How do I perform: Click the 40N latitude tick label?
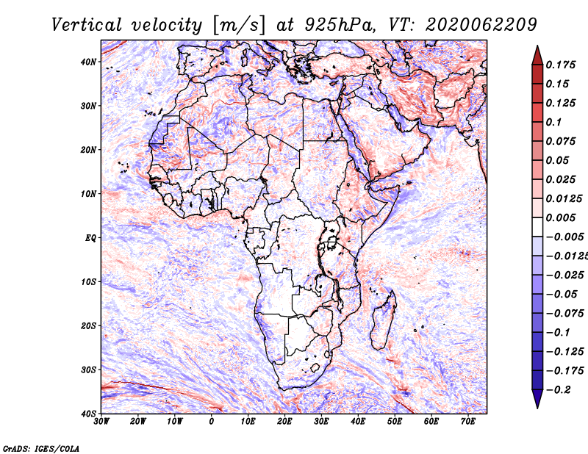pyautogui.click(x=87, y=62)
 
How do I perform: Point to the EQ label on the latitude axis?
pyautogui.click(x=90, y=237)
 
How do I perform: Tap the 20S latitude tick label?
pyautogui.click(x=87, y=325)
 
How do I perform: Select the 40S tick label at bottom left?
pyautogui.click(x=87, y=413)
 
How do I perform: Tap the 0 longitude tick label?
pyautogui.click(x=212, y=422)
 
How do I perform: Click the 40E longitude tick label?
pyautogui.click(x=358, y=422)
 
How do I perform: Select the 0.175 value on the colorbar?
pyautogui.click(x=560, y=65)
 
